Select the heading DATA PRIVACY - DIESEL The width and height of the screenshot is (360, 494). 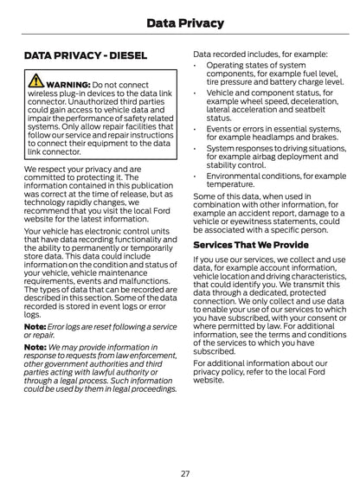86,56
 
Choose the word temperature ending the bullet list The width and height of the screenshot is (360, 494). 230,184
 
